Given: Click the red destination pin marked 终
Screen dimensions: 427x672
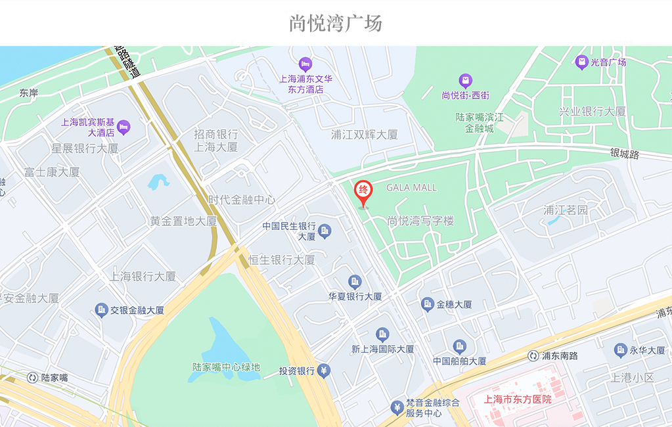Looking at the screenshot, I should [363, 191].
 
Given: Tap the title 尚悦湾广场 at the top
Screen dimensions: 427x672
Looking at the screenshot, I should [336, 24].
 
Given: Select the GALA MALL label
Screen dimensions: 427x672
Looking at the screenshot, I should [411, 188].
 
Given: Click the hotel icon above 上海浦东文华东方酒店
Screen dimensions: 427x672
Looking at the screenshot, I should [305, 64].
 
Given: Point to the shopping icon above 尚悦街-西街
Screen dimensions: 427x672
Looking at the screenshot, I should [466, 81].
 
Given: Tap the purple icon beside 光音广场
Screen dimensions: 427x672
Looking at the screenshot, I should [581, 62].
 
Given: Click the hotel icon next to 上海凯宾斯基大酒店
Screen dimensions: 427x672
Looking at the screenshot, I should [123, 126].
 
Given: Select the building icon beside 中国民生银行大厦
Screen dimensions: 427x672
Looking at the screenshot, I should [325, 231].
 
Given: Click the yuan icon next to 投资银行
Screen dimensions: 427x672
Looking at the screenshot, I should [323, 371].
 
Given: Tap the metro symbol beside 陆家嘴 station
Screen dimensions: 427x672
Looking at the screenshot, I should [32, 378].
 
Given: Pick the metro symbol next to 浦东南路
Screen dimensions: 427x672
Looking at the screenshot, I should [533, 356].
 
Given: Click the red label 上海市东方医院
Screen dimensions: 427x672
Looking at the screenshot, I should [518, 399].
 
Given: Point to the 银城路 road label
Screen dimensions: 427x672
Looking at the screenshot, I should [624, 154].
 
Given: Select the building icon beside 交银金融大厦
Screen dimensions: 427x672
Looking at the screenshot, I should [101, 310].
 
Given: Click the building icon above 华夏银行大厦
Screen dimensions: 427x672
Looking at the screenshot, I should [355, 282].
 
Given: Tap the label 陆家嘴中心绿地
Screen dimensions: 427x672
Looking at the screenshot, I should [226, 367].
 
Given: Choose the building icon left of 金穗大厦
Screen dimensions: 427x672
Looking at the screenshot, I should [428, 304].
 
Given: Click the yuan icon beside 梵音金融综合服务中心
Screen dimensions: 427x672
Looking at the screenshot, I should [397, 408].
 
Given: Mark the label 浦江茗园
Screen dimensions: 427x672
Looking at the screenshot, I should [566, 210].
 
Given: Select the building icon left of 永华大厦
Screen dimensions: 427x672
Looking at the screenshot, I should [620, 351].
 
